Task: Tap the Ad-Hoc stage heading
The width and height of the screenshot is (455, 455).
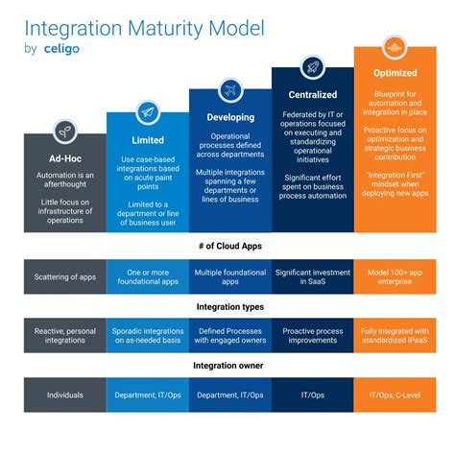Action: (63, 159)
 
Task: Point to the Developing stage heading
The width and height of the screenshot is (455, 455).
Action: (229, 117)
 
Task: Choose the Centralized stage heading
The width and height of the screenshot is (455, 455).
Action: (312, 94)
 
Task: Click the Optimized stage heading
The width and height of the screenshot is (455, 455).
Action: (395, 72)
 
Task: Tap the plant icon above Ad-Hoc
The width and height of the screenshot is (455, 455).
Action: (63, 130)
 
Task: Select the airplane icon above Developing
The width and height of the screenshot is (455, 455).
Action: (229, 88)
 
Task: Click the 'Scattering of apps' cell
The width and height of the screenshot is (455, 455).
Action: (63, 276)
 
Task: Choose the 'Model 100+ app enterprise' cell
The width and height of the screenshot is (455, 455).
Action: (395, 276)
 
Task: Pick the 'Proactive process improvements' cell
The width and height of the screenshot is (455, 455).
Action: (312, 336)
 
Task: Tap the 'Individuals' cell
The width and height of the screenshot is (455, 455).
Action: (63, 395)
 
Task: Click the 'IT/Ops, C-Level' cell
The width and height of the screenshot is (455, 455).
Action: (395, 395)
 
